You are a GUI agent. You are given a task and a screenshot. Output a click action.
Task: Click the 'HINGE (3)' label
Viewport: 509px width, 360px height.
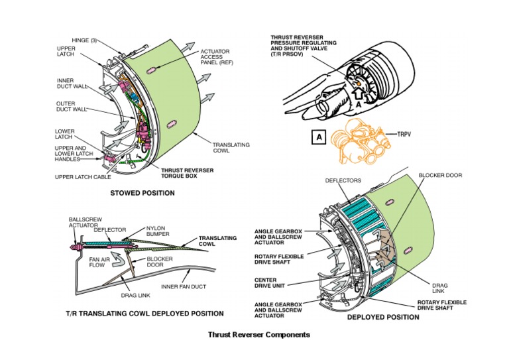click(84, 40)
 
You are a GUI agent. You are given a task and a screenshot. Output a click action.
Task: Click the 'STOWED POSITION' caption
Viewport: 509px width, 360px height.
click(142, 194)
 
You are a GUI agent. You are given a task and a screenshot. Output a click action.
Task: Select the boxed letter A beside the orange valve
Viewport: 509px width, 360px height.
click(319, 137)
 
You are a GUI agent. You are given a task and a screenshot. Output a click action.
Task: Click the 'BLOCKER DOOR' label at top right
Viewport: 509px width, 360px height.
click(440, 176)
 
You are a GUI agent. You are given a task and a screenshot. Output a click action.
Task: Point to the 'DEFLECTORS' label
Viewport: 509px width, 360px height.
click(343, 180)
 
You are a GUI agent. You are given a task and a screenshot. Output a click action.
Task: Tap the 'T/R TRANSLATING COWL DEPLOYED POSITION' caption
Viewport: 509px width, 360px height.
click(144, 313)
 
